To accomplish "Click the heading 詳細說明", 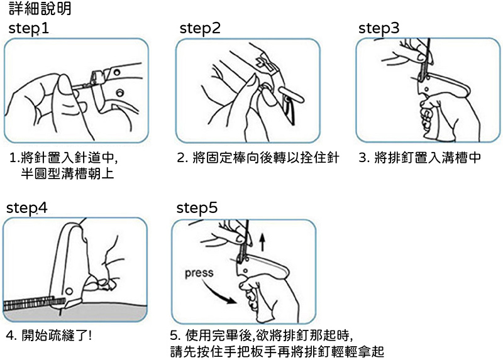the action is point(40,8).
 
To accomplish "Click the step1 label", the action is point(28,28).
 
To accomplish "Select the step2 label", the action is point(200,28).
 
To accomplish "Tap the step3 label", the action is point(379,28).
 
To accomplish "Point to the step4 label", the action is point(27,208).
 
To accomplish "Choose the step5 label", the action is point(197,208).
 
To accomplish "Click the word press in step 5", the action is point(199,273).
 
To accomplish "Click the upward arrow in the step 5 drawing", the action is point(262,242).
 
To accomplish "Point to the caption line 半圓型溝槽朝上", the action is point(67,173).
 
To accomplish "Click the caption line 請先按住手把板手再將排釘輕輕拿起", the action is point(277,351).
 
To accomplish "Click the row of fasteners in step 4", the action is point(34,303).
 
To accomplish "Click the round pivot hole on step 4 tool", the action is point(69,291).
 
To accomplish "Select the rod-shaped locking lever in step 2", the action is point(290,95).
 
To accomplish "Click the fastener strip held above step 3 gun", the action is point(426,58).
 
